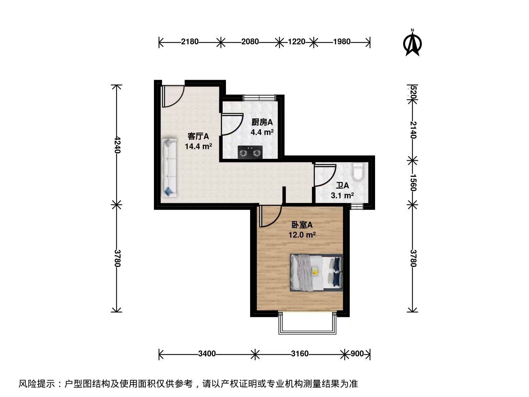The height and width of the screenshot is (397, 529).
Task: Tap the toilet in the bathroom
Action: pos(358,171)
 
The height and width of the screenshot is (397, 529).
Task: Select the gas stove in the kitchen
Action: pos(250,152)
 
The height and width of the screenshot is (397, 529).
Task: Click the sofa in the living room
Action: pos(169,168)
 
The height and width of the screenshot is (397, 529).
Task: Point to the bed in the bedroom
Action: pos(316,273)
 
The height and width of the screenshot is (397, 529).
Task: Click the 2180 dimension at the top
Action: pos(190,42)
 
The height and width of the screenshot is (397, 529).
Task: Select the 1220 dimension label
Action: pos(296,42)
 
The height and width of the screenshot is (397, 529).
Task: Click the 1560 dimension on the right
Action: pos(413,182)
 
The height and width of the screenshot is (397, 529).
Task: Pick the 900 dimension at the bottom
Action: pos(357,353)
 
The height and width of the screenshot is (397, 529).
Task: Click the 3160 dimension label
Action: pos(299,353)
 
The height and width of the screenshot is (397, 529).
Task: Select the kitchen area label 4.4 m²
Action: pos(262,132)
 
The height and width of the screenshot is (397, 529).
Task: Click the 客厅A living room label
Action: pos(198,136)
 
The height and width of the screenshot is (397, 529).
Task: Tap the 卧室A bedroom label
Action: pos(302,225)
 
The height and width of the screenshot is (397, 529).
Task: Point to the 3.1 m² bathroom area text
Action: pos(342,195)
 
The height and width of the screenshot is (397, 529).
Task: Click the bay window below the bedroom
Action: pos(307,323)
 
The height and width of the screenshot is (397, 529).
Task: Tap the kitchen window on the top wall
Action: pos(259,98)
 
